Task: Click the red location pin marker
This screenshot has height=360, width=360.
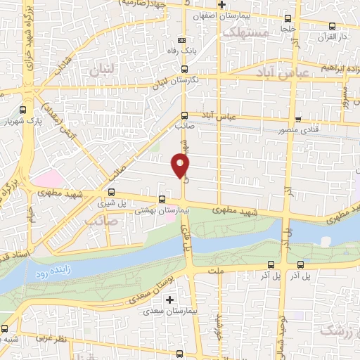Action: tap(181, 166)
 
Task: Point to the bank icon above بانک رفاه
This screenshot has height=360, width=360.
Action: tap(183, 40)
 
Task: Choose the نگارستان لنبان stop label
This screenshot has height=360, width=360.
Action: tap(184, 80)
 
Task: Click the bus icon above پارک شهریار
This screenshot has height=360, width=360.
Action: tap(23, 110)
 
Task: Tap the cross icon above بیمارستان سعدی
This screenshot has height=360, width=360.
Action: tap(169, 300)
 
